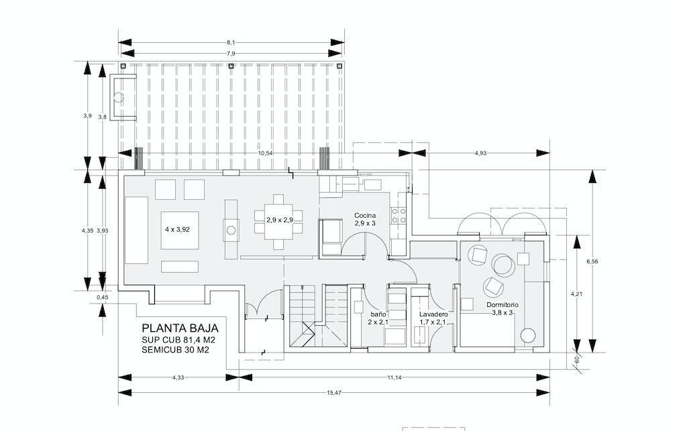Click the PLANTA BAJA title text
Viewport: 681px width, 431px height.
pyautogui.click(x=180, y=328)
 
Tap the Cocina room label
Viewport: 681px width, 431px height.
pyautogui.click(x=365, y=215)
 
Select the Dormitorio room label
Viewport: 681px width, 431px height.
pyautogui.click(x=502, y=305)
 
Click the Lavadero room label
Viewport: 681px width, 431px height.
pyautogui.click(x=433, y=314)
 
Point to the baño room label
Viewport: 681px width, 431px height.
pyautogui.click(x=378, y=314)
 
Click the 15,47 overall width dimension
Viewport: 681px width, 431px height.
pyautogui.click(x=333, y=393)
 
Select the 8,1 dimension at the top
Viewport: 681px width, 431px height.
pyautogui.click(x=231, y=42)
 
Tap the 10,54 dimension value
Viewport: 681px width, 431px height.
pyautogui.click(x=265, y=153)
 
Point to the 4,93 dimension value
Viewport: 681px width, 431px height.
pyautogui.click(x=480, y=153)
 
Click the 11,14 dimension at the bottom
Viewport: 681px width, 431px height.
pyautogui.click(x=395, y=377)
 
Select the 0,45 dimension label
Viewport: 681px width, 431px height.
pyautogui.click(x=102, y=298)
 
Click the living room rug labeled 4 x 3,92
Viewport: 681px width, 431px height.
pyautogui.click(x=180, y=230)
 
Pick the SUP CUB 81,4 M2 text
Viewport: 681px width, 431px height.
pyautogui.click(x=178, y=340)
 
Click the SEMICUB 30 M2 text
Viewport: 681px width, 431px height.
pyautogui.click(x=175, y=350)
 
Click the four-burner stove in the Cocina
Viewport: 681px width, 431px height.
pyautogui.click(x=399, y=216)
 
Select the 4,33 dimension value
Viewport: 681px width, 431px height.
pyautogui.click(x=178, y=377)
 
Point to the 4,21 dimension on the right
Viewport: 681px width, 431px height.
pyautogui.click(x=576, y=294)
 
